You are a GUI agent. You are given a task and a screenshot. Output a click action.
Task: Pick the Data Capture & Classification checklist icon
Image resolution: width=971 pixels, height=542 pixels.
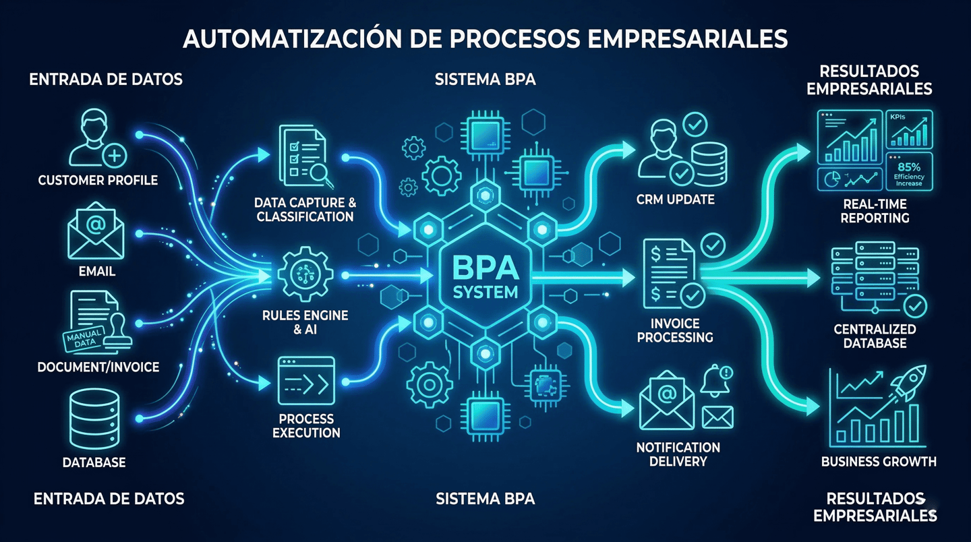pyautogui.click(x=302, y=156)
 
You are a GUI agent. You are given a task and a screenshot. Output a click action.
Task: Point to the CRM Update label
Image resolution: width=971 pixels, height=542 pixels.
pyautogui.click(x=675, y=200)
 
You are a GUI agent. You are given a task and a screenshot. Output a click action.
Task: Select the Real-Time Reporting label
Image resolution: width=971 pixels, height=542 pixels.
pyautogui.click(x=875, y=211)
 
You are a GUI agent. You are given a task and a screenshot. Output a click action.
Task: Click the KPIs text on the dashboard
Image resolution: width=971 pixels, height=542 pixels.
pyautogui.click(x=897, y=117)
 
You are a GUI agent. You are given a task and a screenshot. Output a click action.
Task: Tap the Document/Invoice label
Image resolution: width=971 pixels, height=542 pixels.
pyautogui.click(x=98, y=367)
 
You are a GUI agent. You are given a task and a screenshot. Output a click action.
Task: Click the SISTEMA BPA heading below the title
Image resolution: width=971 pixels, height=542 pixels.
pyautogui.click(x=485, y=80)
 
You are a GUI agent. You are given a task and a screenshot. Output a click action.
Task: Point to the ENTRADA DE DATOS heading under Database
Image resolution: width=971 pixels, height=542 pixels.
pyautogui.click(x=108, y=499)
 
